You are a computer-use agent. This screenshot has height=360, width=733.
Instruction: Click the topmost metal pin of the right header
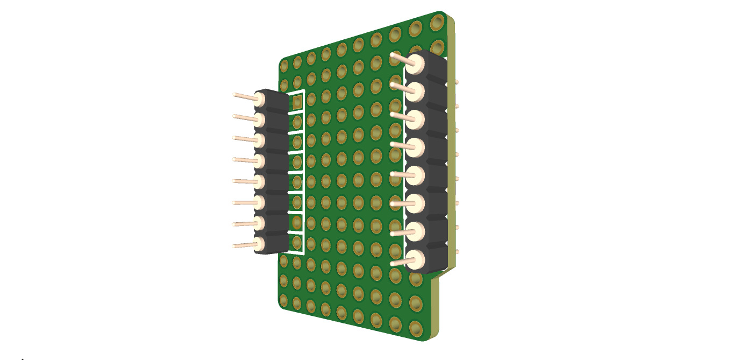(x=401, y=59)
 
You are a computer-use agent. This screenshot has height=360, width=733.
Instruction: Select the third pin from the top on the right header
(x=401, y=116)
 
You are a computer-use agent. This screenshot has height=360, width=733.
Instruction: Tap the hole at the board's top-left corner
(x=284, y=65)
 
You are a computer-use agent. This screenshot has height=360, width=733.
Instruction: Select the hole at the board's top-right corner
(x=437, y=22)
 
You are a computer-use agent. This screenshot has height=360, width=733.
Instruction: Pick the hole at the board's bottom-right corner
(x=416, y=328)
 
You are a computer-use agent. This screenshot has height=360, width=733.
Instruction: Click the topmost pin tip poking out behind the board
(x=457, y=82)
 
